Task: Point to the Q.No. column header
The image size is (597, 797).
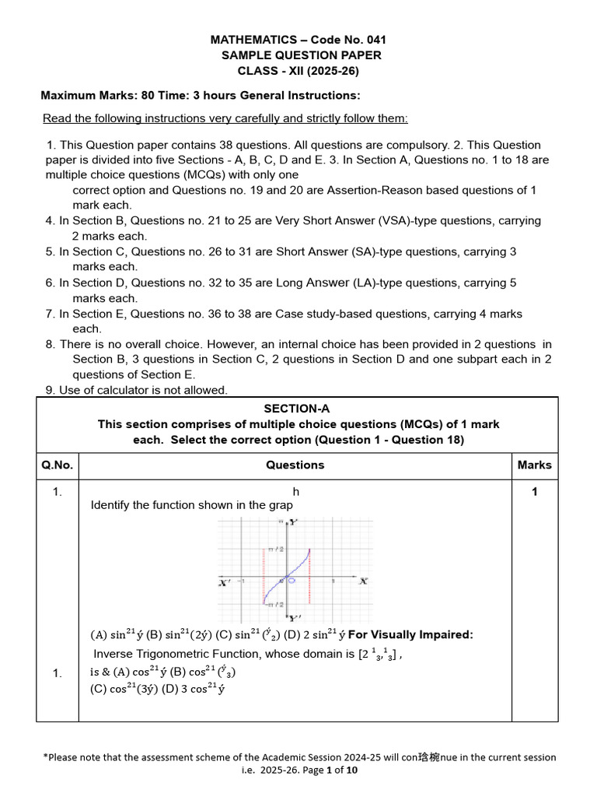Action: [58, 465]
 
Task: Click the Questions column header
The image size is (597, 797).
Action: [295, 465]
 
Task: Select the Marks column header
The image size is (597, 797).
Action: [534, 465]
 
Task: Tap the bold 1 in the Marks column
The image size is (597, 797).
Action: [534, 492]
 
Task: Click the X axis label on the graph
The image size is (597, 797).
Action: [362, 581]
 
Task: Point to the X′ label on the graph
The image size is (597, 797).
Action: [224, 581]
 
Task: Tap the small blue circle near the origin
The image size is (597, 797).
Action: [291, 579]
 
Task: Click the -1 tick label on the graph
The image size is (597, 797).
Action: [243, 581]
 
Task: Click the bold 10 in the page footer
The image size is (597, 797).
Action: [351, 771]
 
